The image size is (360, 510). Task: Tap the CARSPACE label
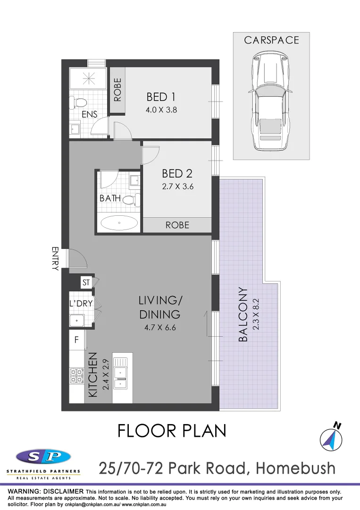pos(271,40)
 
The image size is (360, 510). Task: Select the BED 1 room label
pos(161,97)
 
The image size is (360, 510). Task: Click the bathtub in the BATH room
pos(120,222)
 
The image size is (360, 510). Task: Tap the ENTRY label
pos(55,258)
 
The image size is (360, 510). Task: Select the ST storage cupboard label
pos(86,283)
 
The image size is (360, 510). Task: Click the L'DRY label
pos(81,304)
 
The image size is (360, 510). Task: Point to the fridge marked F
pos(77,339)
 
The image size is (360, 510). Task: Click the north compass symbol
pos(330,438)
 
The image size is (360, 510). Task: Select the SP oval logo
pos(43,457)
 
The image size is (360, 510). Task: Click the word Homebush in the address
pos(295,468)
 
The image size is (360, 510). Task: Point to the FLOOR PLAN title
pos(172,431)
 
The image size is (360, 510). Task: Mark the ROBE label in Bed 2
pos(177,225)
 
